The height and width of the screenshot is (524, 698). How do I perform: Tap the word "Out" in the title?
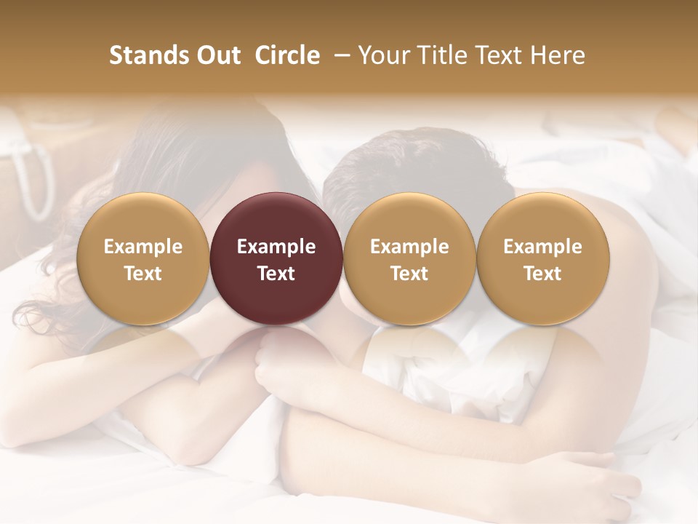(216, 56)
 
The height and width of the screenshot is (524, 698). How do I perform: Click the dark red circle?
(276, 258)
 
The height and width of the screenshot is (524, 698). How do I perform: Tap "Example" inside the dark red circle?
(276, 247)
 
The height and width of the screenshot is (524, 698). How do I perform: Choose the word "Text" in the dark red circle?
(276, 274)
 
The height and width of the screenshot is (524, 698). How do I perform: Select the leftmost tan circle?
(143, 258)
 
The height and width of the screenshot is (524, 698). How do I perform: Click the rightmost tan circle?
(542, 258)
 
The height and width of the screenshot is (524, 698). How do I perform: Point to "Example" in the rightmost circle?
(542, 247)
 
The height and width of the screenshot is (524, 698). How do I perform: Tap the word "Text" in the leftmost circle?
(143, 274)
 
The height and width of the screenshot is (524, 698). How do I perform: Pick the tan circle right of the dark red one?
(409, 258)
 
